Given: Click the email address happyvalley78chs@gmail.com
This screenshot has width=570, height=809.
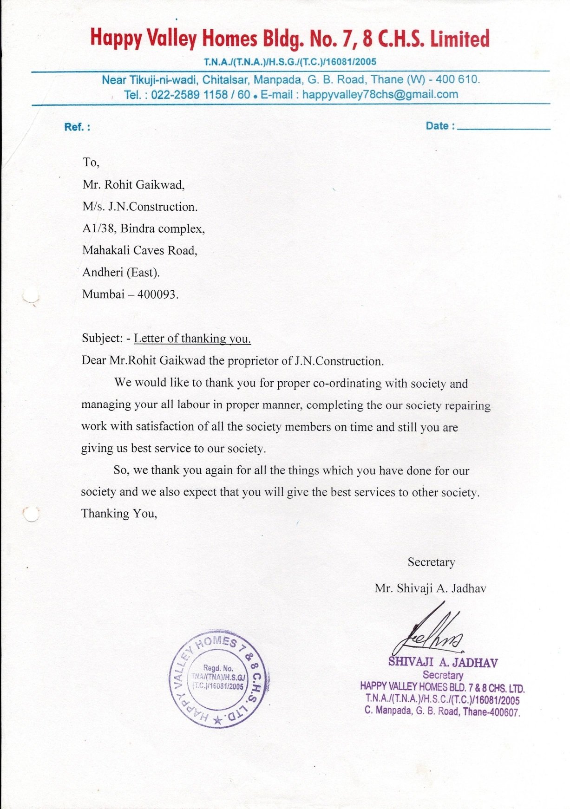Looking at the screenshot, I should (x=380, y=95).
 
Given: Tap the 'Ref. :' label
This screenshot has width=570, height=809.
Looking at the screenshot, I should (x=77, y=127).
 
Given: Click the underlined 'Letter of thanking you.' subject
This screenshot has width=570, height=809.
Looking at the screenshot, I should (x=192, y=339).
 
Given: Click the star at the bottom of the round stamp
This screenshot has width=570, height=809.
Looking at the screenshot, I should (x=217, y=720).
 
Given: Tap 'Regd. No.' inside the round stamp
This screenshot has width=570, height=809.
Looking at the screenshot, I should (x=218, y=668).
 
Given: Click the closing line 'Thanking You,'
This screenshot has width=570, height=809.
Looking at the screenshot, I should (x=119, y=514).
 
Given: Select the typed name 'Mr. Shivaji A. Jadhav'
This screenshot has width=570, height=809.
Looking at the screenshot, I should (x=430, y=589).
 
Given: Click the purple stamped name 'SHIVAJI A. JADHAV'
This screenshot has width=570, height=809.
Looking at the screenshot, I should (x=443, y=662).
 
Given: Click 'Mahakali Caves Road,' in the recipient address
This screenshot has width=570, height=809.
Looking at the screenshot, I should (x=140, y=251).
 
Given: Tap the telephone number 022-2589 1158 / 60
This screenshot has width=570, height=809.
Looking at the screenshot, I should (x=201, y=95).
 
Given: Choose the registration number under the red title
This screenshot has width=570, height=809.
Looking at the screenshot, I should (x=290, y=62).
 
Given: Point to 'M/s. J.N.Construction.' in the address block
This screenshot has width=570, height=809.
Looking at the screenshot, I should (x=140, y=207).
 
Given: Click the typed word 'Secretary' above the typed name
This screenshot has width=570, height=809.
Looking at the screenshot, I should (x=431, y=562).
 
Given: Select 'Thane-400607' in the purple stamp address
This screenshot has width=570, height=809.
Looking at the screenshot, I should (x=491, y=712).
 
